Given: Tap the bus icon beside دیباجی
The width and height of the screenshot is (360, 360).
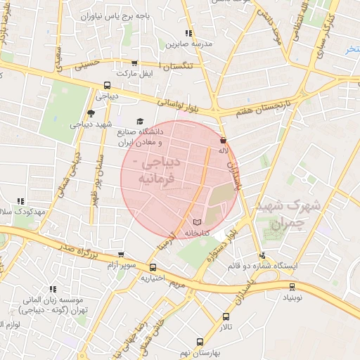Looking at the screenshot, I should pos(106,86).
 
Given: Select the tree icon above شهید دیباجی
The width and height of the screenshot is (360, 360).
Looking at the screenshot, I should pos(91,113).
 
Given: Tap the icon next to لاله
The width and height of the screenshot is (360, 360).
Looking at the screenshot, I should pos(223,139).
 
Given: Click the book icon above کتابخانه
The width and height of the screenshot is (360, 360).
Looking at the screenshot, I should pos(196,222).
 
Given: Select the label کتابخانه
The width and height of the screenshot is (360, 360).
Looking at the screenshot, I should pos(198,233).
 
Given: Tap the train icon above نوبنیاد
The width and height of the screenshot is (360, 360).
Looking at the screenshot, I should pos(292,287).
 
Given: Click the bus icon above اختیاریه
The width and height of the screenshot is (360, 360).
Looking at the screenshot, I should pos(153,266).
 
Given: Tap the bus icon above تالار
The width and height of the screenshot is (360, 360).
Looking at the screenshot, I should pos(226,316).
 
